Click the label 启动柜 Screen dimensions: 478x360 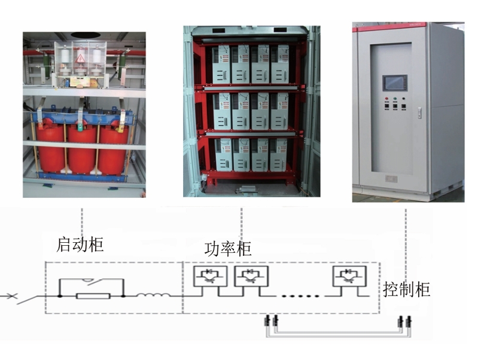click(80, 245)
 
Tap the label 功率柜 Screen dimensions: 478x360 click(228, 249)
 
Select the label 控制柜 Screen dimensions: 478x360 click(406, 289)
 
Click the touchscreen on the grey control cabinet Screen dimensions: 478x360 click(394, 83)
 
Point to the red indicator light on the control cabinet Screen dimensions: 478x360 click(386, 99)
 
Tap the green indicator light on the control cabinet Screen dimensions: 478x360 click(395, 99)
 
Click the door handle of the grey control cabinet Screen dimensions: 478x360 click(419, 113)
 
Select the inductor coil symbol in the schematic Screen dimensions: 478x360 click(153, 294)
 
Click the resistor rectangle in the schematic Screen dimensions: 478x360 click(93, 295)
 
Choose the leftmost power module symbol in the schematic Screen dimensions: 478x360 click(211, 276)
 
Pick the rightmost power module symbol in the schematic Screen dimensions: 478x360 click(349, 276)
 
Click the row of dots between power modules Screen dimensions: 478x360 click(300, 296)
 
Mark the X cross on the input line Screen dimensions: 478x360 click(12, 295)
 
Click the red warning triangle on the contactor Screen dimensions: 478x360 click(81, 57)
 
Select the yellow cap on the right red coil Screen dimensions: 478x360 click(120, 129)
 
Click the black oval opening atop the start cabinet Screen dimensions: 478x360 click(86, 35)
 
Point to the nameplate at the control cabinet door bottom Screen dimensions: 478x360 click(391, 179)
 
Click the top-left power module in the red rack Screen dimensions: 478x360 click(221, 65)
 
